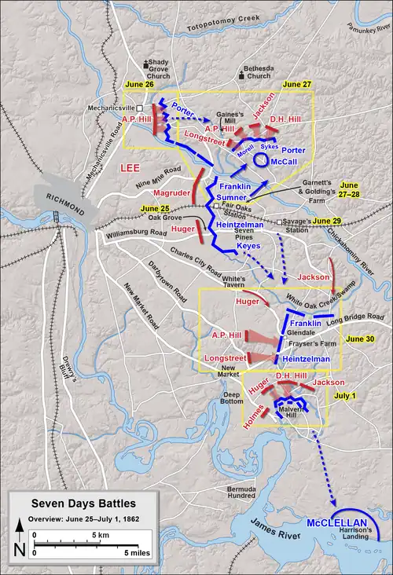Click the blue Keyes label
248,244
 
